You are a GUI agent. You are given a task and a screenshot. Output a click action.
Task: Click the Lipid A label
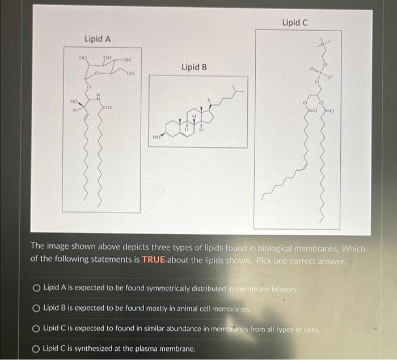click(x=97, y=39)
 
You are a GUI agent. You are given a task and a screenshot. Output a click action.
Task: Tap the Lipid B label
click(x=194, y=67)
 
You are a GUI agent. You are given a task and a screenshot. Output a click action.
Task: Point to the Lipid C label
click(x=294, y=23)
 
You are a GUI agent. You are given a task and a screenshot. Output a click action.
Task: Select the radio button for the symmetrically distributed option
click(x=36, y=288)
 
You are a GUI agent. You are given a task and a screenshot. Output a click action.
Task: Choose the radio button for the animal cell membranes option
click(x=36, y=308)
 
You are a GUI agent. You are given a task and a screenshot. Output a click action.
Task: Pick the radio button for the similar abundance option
click(x=36, y=329)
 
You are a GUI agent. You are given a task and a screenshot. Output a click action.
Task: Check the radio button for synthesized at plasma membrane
click(x=36, y=349)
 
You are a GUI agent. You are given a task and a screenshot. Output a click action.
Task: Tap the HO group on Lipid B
click(x=156, y=137)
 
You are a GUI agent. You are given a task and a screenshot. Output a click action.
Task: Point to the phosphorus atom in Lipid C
click(x=320, y=72)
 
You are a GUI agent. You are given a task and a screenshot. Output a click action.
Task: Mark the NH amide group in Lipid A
click(x=97, y=98)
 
